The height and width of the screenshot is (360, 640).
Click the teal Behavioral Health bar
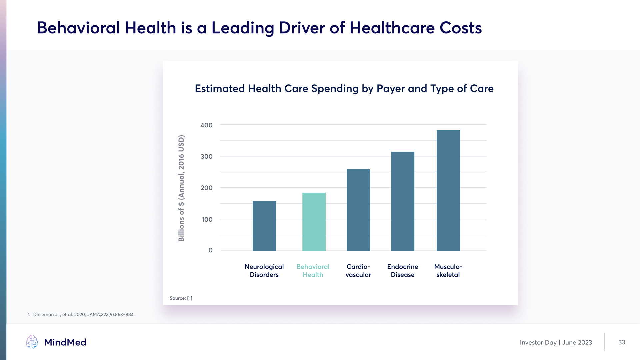[314, 222]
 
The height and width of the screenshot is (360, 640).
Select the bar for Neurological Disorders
[264, 226]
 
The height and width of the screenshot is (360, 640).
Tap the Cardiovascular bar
[358, 210]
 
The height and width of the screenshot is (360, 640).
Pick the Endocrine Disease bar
[402, 201]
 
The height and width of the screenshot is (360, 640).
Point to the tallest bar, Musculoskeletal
[448, 190]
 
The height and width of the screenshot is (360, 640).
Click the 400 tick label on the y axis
[206, 125]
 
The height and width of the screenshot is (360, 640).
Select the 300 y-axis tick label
[206, 157]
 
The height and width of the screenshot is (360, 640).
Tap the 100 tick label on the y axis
[207, 220]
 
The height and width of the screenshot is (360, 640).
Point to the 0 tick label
[210, 250]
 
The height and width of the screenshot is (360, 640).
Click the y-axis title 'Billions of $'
[181, 188]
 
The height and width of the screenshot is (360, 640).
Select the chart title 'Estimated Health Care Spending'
[344, 89]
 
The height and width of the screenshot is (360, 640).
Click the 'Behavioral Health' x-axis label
[313, 271]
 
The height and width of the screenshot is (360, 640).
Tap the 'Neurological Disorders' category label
[264, 271]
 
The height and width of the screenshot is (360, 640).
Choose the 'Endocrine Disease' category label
[402, 271]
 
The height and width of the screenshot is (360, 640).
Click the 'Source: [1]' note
[181, 298]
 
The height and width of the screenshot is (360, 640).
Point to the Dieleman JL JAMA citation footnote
[81, 315]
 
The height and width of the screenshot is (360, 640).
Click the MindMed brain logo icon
[32, 342]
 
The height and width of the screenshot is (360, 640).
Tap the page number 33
[621, 342]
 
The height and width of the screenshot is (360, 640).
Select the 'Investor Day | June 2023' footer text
[556, 343]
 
